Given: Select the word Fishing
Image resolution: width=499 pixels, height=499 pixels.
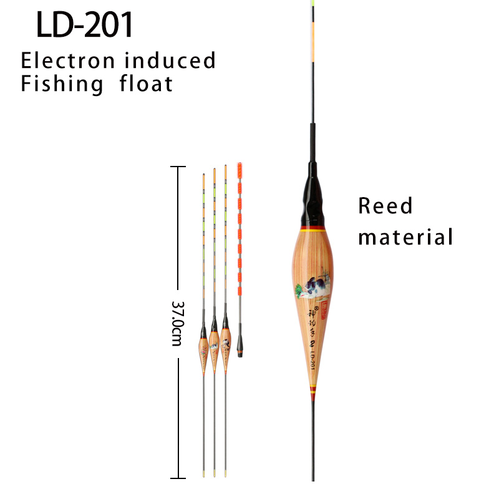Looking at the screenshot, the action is tap(62, 84).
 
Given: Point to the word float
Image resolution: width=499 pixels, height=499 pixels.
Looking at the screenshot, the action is tap(146, 83).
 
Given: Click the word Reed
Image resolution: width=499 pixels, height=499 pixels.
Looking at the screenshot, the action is tap(385, 206).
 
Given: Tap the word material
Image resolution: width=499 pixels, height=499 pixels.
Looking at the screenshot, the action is tap(405, 237).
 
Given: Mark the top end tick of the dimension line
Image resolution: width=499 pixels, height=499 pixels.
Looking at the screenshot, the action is tap(178, 167).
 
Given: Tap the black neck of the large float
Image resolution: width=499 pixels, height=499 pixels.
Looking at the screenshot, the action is tap(312, 193).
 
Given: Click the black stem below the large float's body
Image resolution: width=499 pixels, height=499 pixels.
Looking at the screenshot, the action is tap(312, 437).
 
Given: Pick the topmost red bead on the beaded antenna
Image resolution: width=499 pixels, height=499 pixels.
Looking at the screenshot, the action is tap(238, 169).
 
